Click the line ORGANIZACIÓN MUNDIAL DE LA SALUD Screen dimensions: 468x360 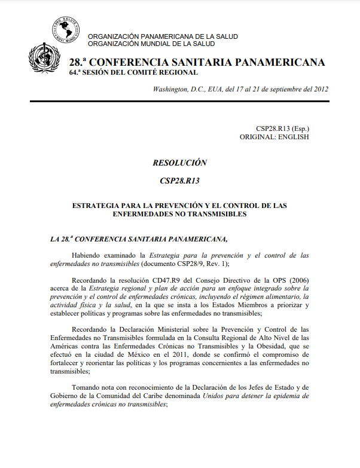[x=151, y=44]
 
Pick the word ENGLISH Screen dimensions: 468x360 [x=293, y=137]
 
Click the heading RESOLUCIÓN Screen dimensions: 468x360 [x=179, y=163]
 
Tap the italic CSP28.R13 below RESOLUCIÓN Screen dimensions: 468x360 [x=179, y=181]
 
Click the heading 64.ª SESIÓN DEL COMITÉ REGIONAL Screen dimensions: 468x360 [x=133, y=72]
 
